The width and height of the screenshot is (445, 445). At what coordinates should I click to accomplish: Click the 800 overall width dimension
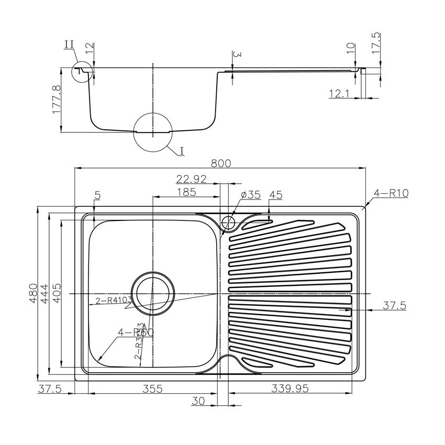(x=220, y=163)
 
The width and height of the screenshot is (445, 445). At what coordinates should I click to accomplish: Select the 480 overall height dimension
(x=33, y=291)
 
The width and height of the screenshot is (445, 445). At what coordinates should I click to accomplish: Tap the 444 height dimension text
(x=45, y=291)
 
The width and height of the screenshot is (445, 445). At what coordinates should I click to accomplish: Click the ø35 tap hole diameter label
(x=251, y=195)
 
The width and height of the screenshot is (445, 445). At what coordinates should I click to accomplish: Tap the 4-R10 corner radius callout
(x=391, y=193)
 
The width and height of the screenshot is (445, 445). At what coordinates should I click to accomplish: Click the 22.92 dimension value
(x=192, y=179)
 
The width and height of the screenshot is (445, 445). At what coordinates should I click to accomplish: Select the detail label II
(x=69, y=44)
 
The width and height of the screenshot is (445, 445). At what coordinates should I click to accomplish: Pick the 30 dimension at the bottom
(x=198, y=401)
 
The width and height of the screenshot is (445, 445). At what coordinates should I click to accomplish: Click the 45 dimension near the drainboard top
(x=275, y=195)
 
